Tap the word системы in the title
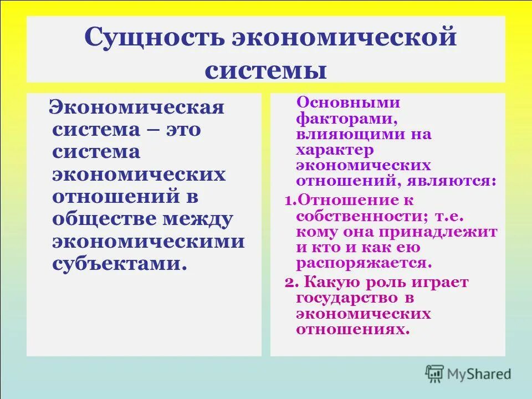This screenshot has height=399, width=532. [266, 70]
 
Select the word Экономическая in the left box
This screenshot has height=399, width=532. [137, 107]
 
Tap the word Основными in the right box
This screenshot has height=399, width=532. [349, 103]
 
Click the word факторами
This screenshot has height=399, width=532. [345, 118]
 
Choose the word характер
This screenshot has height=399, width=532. [335, 150]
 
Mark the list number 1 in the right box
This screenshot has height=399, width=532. [288, 200]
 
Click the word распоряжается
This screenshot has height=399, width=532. [362, 263]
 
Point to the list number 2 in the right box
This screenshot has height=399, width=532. [289, 283]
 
